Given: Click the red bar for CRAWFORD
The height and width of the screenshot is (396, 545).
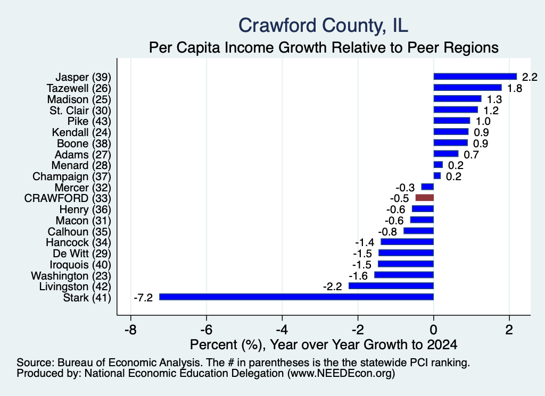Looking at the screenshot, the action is tap(424, 198).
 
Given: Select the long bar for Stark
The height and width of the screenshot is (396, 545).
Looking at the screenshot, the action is tap(296, 297).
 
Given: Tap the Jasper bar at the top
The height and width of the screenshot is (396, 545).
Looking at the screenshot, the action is tap(475, 77).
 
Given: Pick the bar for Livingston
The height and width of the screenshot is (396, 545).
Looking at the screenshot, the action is tap(391, 286).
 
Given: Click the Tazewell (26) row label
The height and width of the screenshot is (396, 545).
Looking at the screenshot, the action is tap(79, 88).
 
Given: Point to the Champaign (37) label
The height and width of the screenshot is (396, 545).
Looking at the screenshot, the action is tap(72, 176).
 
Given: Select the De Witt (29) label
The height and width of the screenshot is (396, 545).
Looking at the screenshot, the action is tap(82, 254).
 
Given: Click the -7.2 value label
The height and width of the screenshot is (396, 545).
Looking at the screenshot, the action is tap(143, 298).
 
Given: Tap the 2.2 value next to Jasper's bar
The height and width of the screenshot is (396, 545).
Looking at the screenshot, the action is tap(530, 77).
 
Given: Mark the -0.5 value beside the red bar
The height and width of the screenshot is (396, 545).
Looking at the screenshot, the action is tap(399, 198).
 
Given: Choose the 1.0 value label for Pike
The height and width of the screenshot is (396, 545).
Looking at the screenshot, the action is tap(483, 121).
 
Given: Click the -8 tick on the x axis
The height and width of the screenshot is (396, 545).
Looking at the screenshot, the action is tap(131, 330).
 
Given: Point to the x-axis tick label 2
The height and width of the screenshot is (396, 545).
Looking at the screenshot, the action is tap(509, 330).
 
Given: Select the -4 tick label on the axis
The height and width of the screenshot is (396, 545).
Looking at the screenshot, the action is tap(282, 330).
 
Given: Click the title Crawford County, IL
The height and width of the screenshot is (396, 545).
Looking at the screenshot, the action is tap(323, 26).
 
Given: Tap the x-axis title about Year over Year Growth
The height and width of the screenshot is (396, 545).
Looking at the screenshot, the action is tap(324, 344).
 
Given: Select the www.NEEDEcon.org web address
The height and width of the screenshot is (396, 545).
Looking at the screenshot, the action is tap(341, 374).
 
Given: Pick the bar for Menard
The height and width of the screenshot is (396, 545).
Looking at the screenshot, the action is tap(438, 165).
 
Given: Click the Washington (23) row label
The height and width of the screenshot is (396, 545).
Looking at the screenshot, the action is tap(71, 275).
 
